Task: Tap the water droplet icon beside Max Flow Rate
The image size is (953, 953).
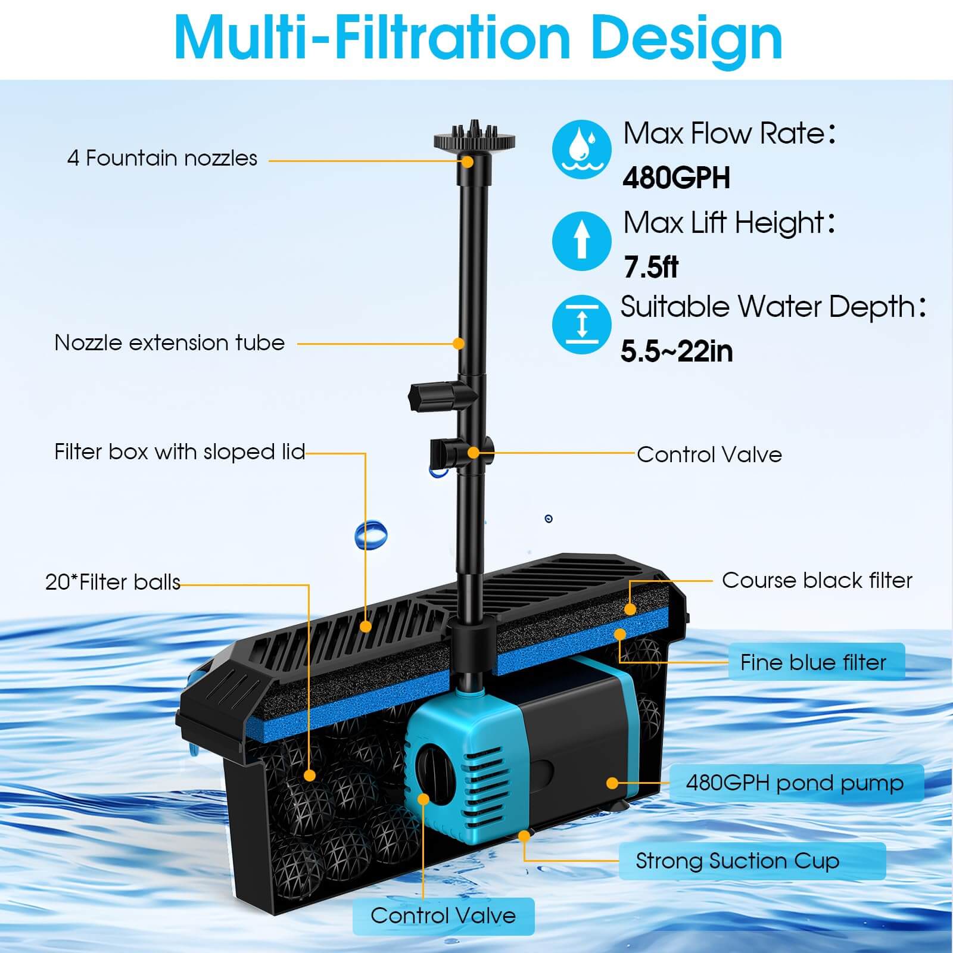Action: (581, 149)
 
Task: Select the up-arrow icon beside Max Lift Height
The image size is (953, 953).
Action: (581, 241)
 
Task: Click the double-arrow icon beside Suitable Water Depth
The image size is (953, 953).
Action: (581, 325)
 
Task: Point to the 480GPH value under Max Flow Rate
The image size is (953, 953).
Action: (676, 177)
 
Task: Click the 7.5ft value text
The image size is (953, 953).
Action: (650, 267)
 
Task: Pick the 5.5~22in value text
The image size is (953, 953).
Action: (676, 351)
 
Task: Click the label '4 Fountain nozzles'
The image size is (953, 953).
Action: (162, 158)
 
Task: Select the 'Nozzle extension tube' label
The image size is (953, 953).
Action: (169, 343)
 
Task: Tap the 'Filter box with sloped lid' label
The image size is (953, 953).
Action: (179, 452)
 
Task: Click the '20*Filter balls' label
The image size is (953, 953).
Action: (113, 582)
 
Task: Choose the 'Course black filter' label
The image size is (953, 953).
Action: (817, 580)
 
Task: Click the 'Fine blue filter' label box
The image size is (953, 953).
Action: (815, 662)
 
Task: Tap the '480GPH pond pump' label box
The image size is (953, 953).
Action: (796, 783)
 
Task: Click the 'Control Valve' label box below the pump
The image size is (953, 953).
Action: (443, 915)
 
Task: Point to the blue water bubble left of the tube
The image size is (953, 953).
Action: (370, 534)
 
